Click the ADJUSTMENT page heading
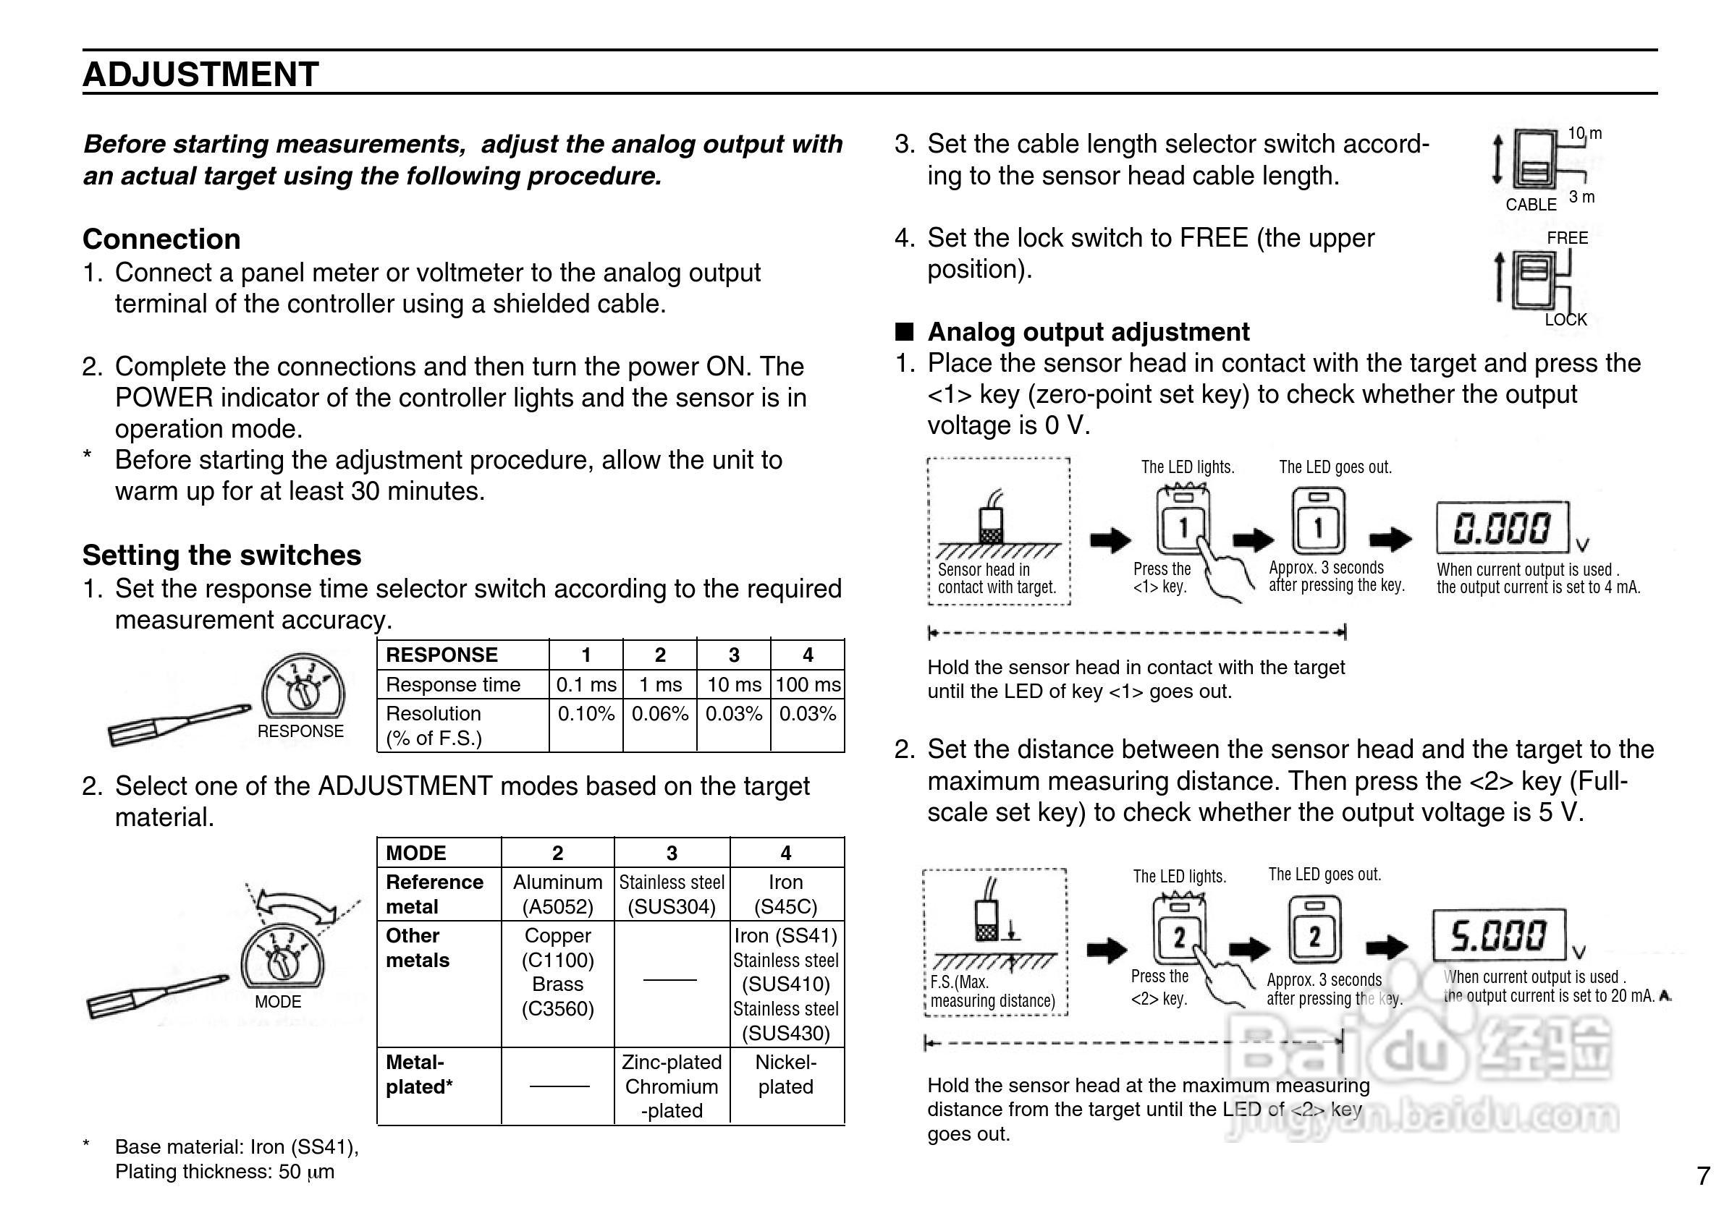[200, 75]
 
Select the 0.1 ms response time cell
[586, 684]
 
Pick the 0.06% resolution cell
[659, 714]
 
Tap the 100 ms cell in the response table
[807, 684]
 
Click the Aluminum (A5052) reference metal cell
[557, 894]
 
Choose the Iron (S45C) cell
[785, 894]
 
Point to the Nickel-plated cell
[785, 1074]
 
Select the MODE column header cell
[416, 853]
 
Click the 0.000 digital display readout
[1502, 528]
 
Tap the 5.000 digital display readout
[1499, 935]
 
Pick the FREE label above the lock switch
[1567, 238]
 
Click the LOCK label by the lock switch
[1565, 320]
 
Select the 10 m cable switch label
[1584, 134]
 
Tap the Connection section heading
[161, 239]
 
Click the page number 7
[1703, 1175]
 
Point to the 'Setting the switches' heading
[221, 555]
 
